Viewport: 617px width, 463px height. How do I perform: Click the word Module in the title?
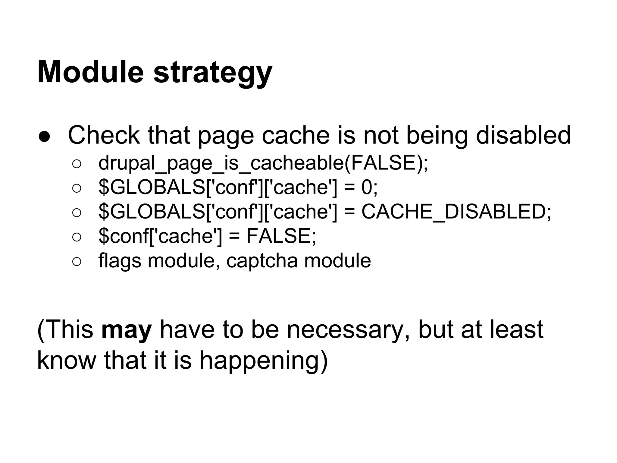pos(90,72)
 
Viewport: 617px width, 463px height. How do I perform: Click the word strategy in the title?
pos(213,74)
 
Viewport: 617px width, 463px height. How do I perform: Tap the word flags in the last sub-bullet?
pos(120,261)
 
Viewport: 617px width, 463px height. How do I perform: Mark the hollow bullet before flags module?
pos(77,262)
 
